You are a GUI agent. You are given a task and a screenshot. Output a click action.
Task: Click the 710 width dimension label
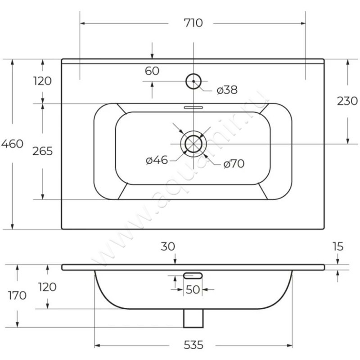tap(193, 23)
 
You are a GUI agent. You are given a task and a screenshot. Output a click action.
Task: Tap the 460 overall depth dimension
tap(12, 144)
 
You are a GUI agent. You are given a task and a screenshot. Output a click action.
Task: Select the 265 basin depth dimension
tap(42, 151)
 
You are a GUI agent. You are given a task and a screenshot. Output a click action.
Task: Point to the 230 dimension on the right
tap(347, 101)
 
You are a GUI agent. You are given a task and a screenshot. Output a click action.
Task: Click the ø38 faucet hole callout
tap(227, 90)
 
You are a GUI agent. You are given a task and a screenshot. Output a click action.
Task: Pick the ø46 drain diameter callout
tap(157, 160)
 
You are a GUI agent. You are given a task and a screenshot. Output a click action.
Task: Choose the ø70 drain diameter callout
tap(234, 164)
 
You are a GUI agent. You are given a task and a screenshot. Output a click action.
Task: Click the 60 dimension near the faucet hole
tap(152, 71)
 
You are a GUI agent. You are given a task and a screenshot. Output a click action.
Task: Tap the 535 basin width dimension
tap(193, 345)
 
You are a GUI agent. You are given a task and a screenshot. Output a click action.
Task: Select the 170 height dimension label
tap(17, 296)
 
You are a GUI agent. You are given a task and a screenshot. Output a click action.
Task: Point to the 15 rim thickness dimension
tap(338, 247)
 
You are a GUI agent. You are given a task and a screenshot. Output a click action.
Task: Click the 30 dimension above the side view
tap(168, 247)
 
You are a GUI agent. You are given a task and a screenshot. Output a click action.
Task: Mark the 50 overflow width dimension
tap(193, 290)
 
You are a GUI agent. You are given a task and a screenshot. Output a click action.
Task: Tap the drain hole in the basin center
tap(193, 144)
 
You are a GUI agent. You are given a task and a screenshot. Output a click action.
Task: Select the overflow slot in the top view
tap(193, 107)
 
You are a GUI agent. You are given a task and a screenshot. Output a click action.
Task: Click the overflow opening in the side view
tap(193, 276)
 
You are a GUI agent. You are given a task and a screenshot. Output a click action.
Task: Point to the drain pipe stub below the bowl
tap(193, 318)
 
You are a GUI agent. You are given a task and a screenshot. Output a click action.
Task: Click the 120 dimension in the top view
tap(42, 81)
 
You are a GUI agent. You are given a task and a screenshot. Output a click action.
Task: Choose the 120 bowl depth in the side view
tap(47, 287)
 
